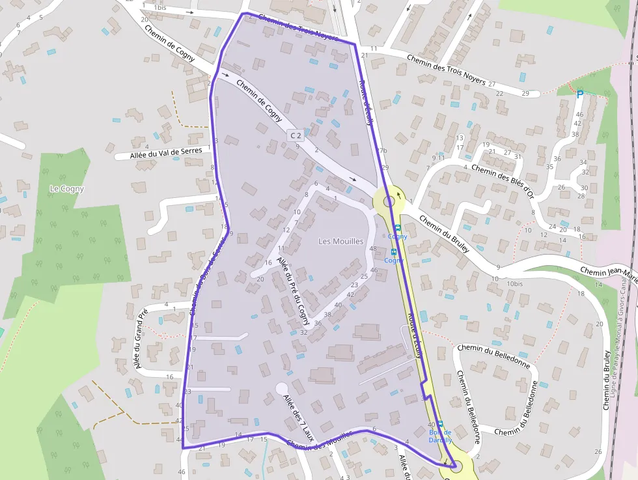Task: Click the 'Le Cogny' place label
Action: click(x=67, y=189)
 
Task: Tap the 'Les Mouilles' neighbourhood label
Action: click(x=340, y=241)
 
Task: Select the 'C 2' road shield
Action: click(x=296, y=135)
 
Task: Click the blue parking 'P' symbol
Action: click(x=579, y=95)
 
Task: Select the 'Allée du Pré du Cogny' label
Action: click(x=294, y=286)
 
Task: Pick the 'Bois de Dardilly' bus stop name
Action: click(x=441, y=436)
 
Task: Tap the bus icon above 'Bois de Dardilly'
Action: click(x=439, y=423)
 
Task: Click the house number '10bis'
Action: click(x=515, y=284)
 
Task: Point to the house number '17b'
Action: click(x=382, y=150)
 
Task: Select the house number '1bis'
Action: click(x=159, y=7)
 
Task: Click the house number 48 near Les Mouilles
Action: click(x=373, y=249)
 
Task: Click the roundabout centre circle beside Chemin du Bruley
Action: click(x=389, y=201)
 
